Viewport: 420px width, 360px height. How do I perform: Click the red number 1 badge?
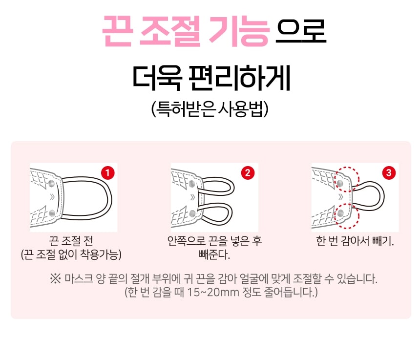pyautogui.click(x=107, y=173)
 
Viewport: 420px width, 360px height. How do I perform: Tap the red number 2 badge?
pyautogui.click(x=248, y=173)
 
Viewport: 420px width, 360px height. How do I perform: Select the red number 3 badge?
pyautogui.click(x=389, y=173)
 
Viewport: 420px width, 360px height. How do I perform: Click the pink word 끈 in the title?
pyautogui.click(x=117, y=30)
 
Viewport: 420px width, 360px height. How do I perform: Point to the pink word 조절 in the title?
pyautogui.click(x=170, y=30)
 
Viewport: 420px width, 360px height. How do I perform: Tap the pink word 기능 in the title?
pyautogui.click(x=239, y=30)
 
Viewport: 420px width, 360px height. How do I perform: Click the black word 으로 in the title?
pyautogui.click(x=301, y=31)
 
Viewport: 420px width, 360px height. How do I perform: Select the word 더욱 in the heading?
pyautogui.click(x=157, y=78)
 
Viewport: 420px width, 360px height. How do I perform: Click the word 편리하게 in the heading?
pyautogui.click(x=239, y=78)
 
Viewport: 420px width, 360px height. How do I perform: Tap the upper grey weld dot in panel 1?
pyautogui.click(x=51, y=184)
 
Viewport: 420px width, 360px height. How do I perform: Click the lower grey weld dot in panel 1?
pyautogui.click(x=52, y=213)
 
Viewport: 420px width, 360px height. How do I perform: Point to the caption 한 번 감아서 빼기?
pyautogui.click(x=355, y=241)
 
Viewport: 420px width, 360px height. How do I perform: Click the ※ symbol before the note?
pyautogui.click(x=55, y=278)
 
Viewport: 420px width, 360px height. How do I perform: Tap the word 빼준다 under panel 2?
pyautogui.click(x=214, y=254)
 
